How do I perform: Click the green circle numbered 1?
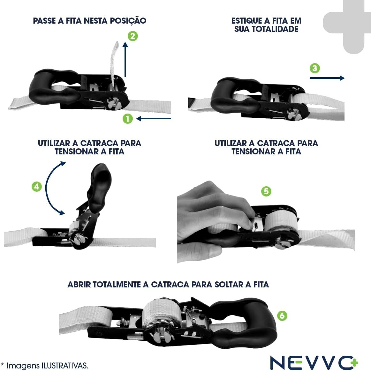tap(128, 119)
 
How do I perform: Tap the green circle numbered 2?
tap(132, 36)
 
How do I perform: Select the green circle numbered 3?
tap(315, 68)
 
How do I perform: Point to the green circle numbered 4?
tap(37, 187)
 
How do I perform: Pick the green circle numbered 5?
tap(266, 191)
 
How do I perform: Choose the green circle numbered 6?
tap(282, 315)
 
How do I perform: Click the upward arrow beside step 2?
tap(125, 59)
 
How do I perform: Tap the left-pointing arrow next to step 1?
tap(154, 119)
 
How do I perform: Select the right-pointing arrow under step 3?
tap(327, 78)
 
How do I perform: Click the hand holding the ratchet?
tap(208, 220)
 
